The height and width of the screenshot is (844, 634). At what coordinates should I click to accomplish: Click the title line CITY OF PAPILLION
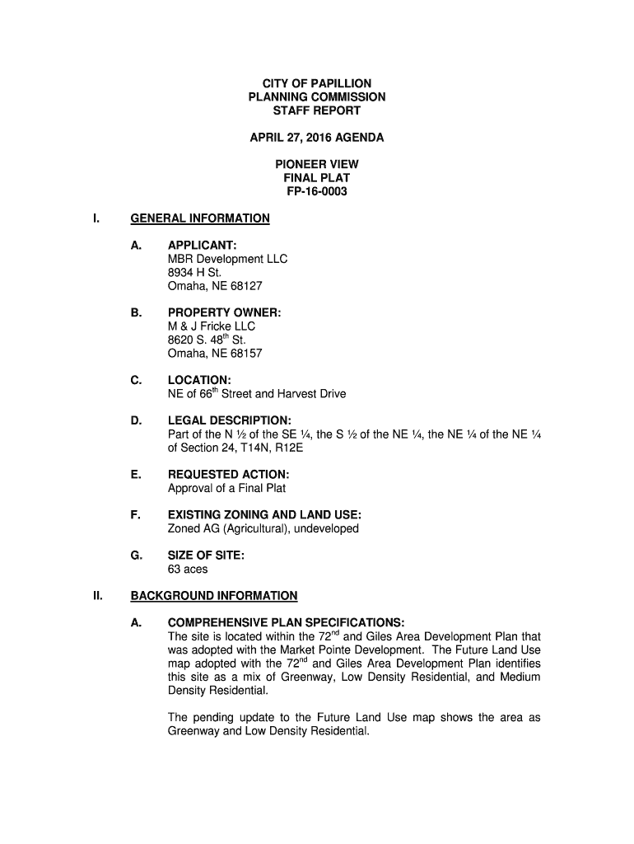pos(316,84)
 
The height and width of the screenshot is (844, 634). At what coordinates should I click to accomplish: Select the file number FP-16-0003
pos(316,191)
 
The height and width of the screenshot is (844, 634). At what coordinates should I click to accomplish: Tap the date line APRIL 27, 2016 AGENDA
pos(316,138)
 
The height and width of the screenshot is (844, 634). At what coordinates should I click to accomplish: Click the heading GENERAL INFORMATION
pos(200,218)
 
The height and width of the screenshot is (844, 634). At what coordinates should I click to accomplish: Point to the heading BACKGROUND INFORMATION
pos(214,596)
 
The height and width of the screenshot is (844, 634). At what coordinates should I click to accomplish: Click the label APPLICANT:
pos(203,246)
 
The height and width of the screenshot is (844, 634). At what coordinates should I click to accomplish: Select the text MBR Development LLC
pos(227,259)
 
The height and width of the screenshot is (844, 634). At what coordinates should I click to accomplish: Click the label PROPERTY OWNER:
pos(224,313)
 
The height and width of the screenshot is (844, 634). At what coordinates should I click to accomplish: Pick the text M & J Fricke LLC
pos(212,326)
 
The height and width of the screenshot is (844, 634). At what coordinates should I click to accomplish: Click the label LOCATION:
pos(198,381)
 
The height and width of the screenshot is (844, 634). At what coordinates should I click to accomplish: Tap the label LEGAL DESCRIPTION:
pos(229,421)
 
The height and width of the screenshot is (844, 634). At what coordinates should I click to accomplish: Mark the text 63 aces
pos(188,569)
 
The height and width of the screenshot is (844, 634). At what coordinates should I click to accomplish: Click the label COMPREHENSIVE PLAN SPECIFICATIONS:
pos(286,623)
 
